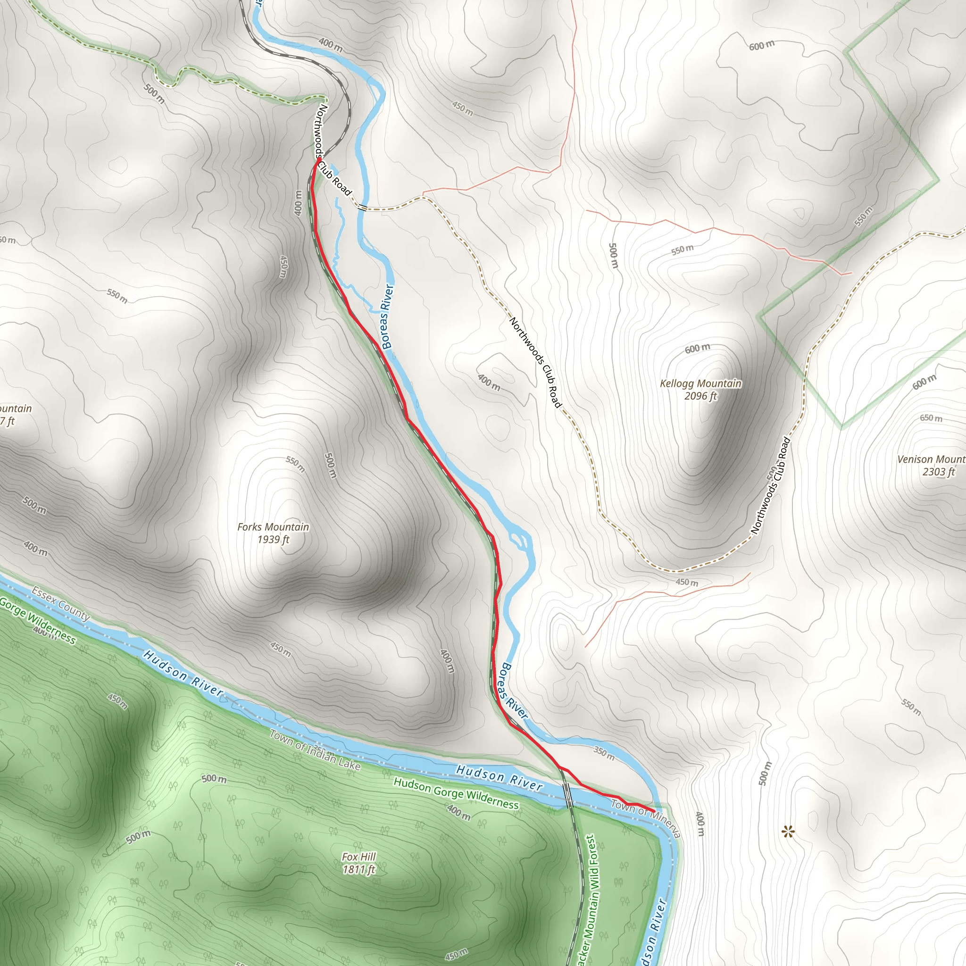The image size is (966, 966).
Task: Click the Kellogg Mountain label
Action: [700, 383]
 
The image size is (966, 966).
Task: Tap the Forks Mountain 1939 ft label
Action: [273, 533]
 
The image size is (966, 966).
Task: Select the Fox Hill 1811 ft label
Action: [358, 864]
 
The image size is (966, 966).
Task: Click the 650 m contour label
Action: [931, 418]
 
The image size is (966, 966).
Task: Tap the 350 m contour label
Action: [604, 753]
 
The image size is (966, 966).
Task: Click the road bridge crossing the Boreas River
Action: [361, 207]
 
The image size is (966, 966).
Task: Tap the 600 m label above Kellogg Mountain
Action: [697, 349]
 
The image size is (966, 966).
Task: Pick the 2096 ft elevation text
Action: [700, 397]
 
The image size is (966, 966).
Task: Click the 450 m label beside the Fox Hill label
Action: [456, 954]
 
